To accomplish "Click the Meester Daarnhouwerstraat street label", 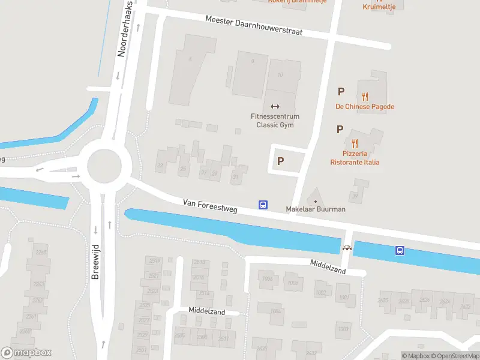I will (254, 25).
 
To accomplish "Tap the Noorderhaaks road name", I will (125, 29).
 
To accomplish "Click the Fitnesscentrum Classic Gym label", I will (275, 121).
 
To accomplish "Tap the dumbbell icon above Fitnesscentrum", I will (275, 106).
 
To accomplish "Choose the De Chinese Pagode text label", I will (365, 107).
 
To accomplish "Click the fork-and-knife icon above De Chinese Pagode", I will (365, 95).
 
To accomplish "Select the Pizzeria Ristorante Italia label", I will (355, 158).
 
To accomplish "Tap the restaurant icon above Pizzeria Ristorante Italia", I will (355, 143).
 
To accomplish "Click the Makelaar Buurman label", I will (316, 209).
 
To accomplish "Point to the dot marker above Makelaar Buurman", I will (316, 200).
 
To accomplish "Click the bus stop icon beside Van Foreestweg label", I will (263, 205).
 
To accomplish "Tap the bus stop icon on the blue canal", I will (400, 250).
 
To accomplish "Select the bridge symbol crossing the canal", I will (347, 247).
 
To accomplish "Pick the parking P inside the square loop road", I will (280, 161).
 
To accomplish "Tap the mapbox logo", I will (26, 353).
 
